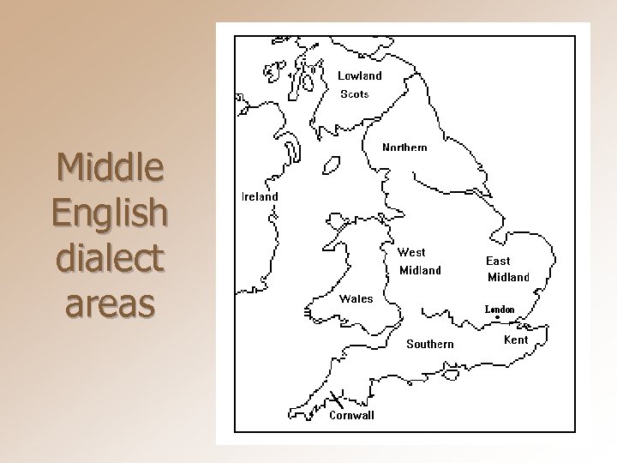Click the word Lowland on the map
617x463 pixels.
(x=359, y=75)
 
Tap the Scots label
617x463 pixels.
(x=355, y=94)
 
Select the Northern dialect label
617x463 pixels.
(x=404, y=147)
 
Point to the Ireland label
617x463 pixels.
(x=260, y=196)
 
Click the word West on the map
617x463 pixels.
(x=411, y=252)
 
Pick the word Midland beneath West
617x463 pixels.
(x=421, y=271)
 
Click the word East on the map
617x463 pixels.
(x=498, y=261)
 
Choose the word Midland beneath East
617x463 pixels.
(x=508, y=277)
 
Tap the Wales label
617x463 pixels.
(x=356, y=299)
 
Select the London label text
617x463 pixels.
(x=500, y=309)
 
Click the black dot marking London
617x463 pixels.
(x=498, y=318)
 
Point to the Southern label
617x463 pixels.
(x=430, y=344)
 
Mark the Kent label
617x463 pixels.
(x=516, y=340)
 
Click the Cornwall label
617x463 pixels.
(x=352, y=416)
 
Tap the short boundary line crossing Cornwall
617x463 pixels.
(x=335, y=398)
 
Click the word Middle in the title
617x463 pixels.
(x=108, y=170)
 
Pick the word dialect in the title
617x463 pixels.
(x=108, y=258)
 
